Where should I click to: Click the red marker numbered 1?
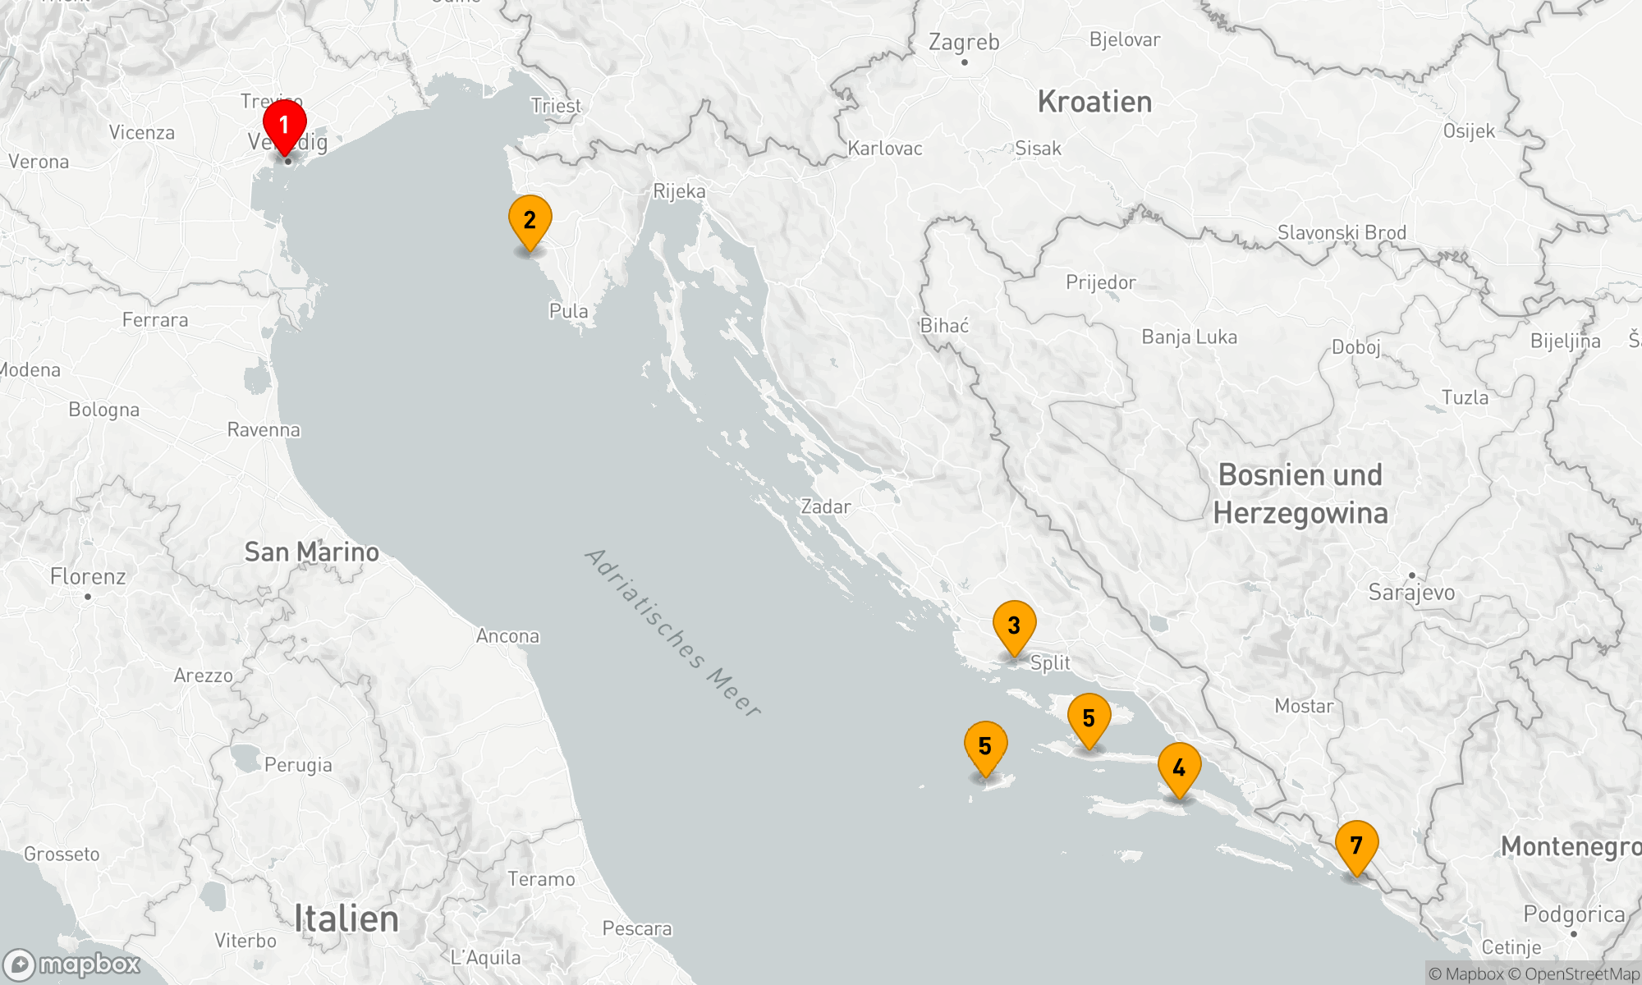(284, 126)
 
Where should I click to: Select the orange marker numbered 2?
(530, 221)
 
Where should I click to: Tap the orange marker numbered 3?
(1014, 626)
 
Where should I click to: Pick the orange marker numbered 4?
(1179, 768)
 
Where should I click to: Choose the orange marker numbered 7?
(1356, 846)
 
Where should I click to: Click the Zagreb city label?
(964, 43)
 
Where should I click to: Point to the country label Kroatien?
(1094, 102)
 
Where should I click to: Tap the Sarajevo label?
(1411, 592)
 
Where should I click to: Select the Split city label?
(1050, 663)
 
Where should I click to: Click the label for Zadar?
(826, 506)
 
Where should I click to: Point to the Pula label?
(568, 311)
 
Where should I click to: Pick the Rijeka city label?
(679, 191)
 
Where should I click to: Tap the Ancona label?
(507, 636)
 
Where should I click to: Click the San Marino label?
(312, 552)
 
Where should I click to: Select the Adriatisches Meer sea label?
(673, 632)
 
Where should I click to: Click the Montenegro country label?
(1570, 846)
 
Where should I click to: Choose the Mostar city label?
(1304, 706)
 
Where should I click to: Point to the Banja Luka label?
(1189, 337)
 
